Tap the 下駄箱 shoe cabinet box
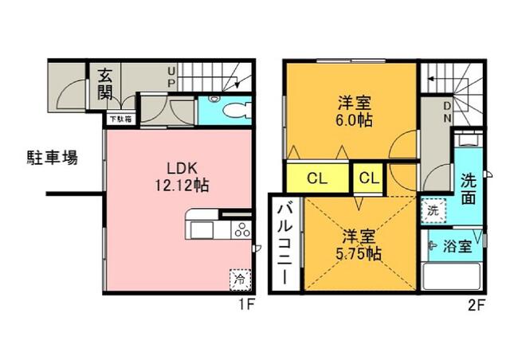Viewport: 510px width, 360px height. [x=121, y=119]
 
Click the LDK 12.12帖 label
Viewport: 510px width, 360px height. [x=182, y=177]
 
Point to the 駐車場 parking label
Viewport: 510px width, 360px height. [x=52, y=158]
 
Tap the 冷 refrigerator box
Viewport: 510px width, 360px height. [x=240, y=280]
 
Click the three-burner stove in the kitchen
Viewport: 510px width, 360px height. [x=242, y=229]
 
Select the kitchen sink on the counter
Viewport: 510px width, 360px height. [x=202, y=230]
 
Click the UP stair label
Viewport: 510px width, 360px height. [x=172, y=77]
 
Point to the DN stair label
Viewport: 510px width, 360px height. [x=448, y=112]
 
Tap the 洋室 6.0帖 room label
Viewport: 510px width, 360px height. [x=354, y=112]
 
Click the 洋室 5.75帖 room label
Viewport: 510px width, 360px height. [x=358, y=245]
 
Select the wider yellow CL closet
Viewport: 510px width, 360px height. [x=317, y=178]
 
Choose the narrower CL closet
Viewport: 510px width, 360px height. [x=369, y=178]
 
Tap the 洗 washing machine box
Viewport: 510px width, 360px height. [x=433, y=210]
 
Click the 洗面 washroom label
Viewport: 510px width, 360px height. [x=469, y=190]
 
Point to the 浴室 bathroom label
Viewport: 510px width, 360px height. [x=457, y=246]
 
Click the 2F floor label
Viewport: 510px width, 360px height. [x=477, y=306]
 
